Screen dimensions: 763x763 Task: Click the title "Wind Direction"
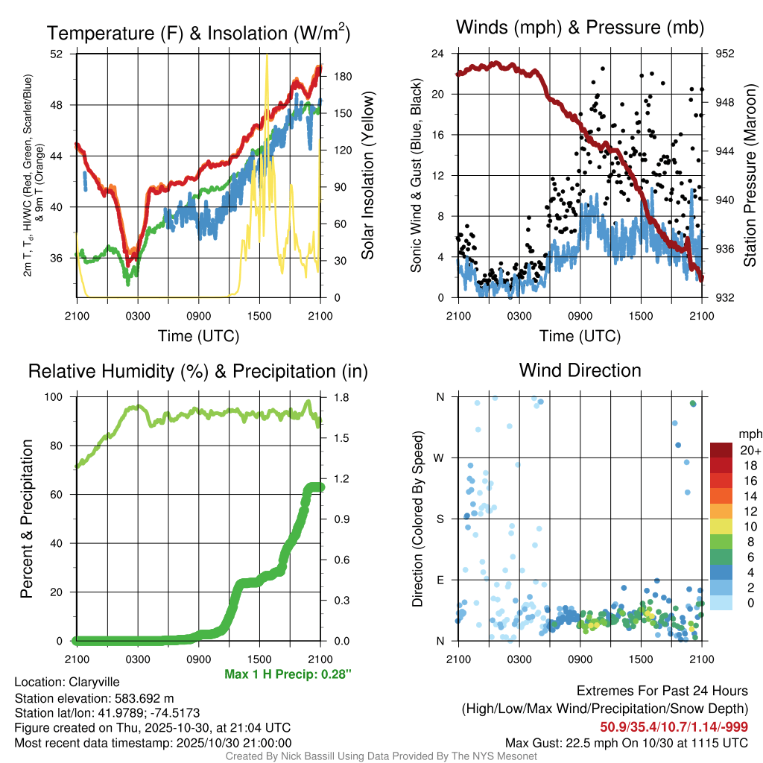click(x=580, y=370)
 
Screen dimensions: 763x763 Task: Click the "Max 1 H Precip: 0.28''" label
click(x=288, y=674)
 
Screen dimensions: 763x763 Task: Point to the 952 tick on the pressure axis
click(x=725, y=54)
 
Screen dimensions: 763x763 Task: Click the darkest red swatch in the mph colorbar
click(x=721, y=450)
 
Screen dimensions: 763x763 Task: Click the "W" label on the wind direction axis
click(x=440, y=458)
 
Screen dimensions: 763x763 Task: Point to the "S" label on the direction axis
click(x=440, y=519)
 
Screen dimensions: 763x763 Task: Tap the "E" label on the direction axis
click(x=440, y=580)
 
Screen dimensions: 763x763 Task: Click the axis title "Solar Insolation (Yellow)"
click(x=367, y=176)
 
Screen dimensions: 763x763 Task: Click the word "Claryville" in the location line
click(x=94, y=682)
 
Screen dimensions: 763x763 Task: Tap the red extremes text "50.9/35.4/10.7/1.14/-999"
click(x=674, y=726)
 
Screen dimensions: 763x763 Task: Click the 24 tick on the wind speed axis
click(x=440, y=54)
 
